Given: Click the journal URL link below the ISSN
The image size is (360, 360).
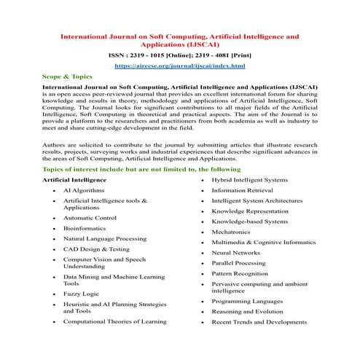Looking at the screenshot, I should [x=179, y=66].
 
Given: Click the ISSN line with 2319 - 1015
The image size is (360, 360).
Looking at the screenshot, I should [x=179, y=54].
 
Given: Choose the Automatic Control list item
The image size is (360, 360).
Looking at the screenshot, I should [x=90, y=218].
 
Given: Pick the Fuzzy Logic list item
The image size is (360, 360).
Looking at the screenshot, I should [x=81, y=294].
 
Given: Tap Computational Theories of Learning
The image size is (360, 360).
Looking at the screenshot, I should [x=114, y=321].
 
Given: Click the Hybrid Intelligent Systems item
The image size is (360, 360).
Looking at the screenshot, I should [x=249, y=179].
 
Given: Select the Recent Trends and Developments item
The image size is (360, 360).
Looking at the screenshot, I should [x=259, y=321].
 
